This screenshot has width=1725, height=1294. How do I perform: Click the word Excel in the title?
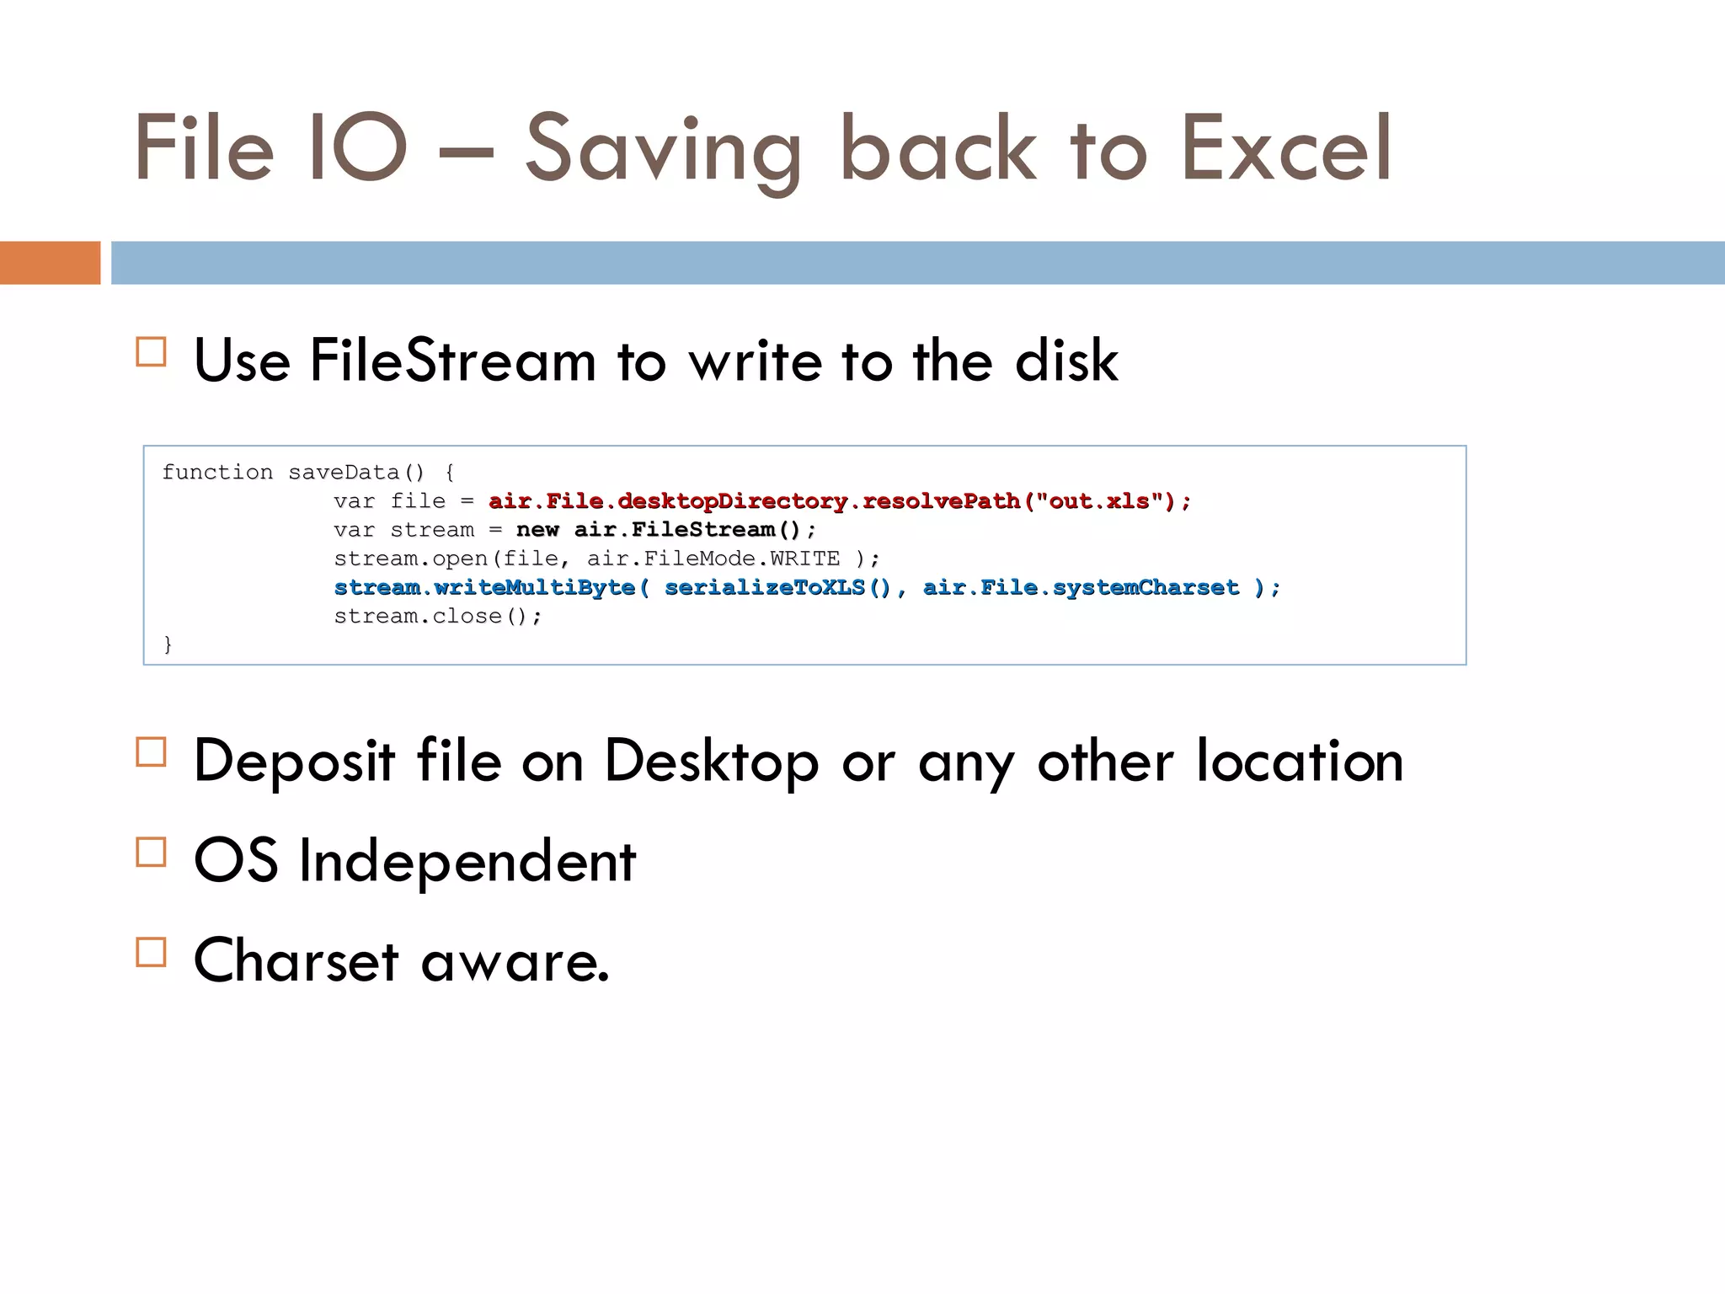[x=1285, y=148]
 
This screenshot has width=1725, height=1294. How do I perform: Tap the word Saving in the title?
[x=663, y=152]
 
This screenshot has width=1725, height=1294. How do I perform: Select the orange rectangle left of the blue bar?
[x=50, y=263]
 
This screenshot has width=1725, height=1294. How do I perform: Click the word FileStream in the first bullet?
[x=453, y=361]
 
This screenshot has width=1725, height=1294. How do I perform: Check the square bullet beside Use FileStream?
[x=151, y=352]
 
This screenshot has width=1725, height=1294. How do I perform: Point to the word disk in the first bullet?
[x=1066, y=361]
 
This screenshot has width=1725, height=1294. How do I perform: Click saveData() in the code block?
[x=356, y=473]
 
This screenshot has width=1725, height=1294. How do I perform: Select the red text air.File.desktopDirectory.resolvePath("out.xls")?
[x=840, y=501]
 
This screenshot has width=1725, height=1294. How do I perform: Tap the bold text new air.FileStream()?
[x=665, y=530]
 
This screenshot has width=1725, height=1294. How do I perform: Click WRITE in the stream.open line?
[x=804, y=559]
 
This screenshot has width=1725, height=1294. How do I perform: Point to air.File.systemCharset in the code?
[x=1081, y=587]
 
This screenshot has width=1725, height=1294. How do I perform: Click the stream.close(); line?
[x=437, y=616]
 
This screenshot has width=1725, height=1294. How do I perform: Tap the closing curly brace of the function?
[x=168, y=644]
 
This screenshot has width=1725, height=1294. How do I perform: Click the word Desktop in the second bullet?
[x=711, y=762]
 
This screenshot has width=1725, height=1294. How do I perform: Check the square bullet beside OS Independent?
[x=151, y=853]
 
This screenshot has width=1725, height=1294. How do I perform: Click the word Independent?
[x=467, y=861]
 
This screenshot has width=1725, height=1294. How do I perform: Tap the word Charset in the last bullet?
[x=296, y=960]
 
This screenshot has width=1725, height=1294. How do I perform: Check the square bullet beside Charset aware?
[x=151, y=952]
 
